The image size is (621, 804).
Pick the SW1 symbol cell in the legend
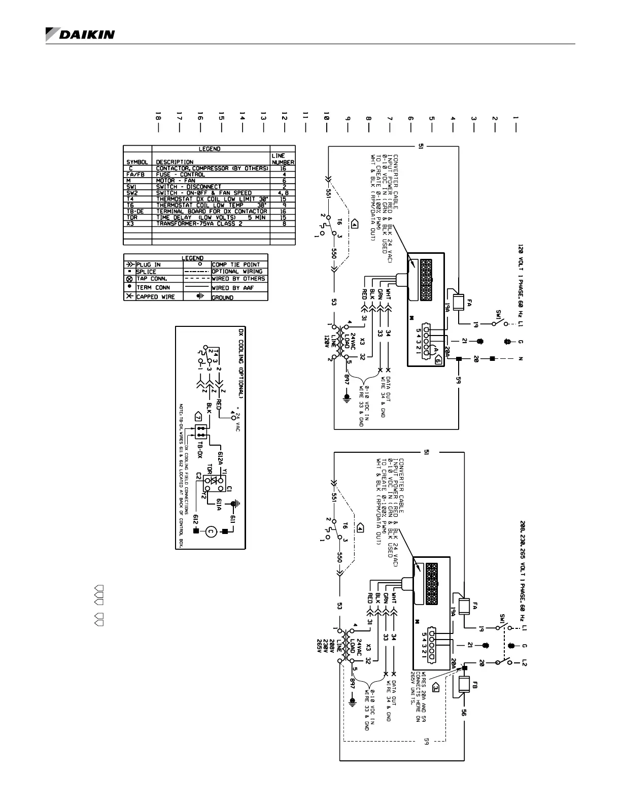point(137,186)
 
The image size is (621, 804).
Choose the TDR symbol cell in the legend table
point(137,217)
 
